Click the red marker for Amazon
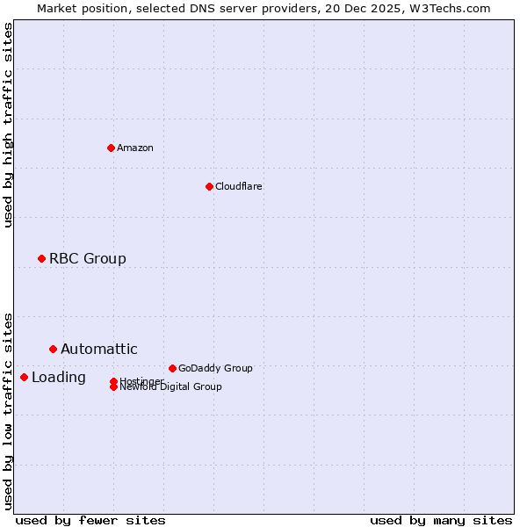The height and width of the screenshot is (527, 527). pos(111,148)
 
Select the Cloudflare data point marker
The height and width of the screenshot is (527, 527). pos(209,186)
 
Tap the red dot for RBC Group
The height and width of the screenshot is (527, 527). pos(41,258)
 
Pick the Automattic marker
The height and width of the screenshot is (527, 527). pos(53,349)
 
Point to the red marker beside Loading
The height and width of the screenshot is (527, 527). pos(24,377)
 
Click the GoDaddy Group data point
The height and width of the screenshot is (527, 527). pos(172,368)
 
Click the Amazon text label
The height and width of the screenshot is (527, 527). pos(135,148)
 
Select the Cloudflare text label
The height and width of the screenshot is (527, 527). pos(238,186)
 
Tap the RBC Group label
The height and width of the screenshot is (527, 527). pos(87,258)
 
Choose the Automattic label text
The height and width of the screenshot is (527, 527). pos(98,349)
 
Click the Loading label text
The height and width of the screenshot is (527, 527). pos(58,378)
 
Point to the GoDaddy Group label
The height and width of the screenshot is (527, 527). pos(215,368)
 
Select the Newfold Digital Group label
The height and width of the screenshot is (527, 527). pos(170,387)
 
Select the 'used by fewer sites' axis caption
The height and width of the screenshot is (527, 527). pos(90,520)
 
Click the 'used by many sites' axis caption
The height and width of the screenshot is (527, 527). pos(441,520)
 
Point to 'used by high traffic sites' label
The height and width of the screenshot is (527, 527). pos(8,125)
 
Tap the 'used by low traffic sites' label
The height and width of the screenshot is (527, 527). pos(8,411)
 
